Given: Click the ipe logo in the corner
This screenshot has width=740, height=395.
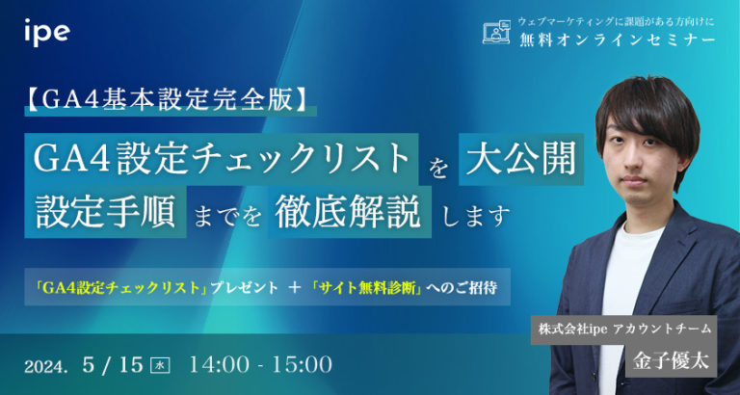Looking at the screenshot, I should tap(46, 32).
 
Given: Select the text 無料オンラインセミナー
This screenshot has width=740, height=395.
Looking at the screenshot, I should tap(618, 39).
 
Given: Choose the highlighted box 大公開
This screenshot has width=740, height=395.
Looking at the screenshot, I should tap(522, 158).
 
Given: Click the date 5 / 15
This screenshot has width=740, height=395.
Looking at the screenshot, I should tap(114, 364).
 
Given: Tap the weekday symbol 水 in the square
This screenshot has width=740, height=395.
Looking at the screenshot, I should tap(161, 365).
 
